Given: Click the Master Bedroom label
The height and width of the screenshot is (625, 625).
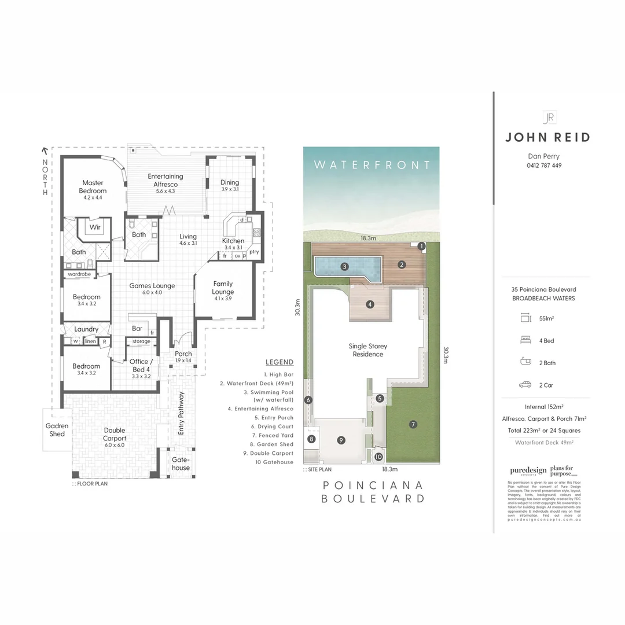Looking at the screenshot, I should (x=93, y=186).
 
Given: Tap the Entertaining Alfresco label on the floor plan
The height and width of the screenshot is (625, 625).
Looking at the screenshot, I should (x=165, y=180).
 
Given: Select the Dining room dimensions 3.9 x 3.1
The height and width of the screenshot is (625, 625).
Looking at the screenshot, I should (x=230, y=189).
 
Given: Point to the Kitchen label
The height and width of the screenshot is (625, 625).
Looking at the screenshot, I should (x=233, y=241).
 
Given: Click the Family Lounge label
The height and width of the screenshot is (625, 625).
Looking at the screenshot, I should (x=223, y=288).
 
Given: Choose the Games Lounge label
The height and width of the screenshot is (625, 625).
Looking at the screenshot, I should (x=152, y=285).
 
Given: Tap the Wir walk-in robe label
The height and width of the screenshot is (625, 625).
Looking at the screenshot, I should (x=95, y=227).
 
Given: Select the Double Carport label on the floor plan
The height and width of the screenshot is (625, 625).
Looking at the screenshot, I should (x=115, y=434).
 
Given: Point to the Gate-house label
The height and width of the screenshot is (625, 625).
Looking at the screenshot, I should (x=181, y=464).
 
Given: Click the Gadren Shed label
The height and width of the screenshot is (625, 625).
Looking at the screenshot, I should (x=57, y=429).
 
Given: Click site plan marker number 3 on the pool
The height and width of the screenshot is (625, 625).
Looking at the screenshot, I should (x=344, y=267).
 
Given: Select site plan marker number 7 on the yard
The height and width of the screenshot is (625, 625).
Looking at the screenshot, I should (x=413, y=424).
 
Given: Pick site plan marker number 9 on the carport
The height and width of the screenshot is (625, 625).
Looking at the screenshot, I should (x=341, y=440).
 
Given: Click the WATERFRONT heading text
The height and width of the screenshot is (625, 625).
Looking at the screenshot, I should (x=372, y=165).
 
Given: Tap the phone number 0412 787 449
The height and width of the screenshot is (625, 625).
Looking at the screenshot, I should (x=544, y=166).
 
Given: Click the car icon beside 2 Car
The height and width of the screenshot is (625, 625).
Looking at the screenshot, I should (x=525, y=384).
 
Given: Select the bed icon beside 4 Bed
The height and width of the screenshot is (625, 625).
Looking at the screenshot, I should (x=525, y=340).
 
